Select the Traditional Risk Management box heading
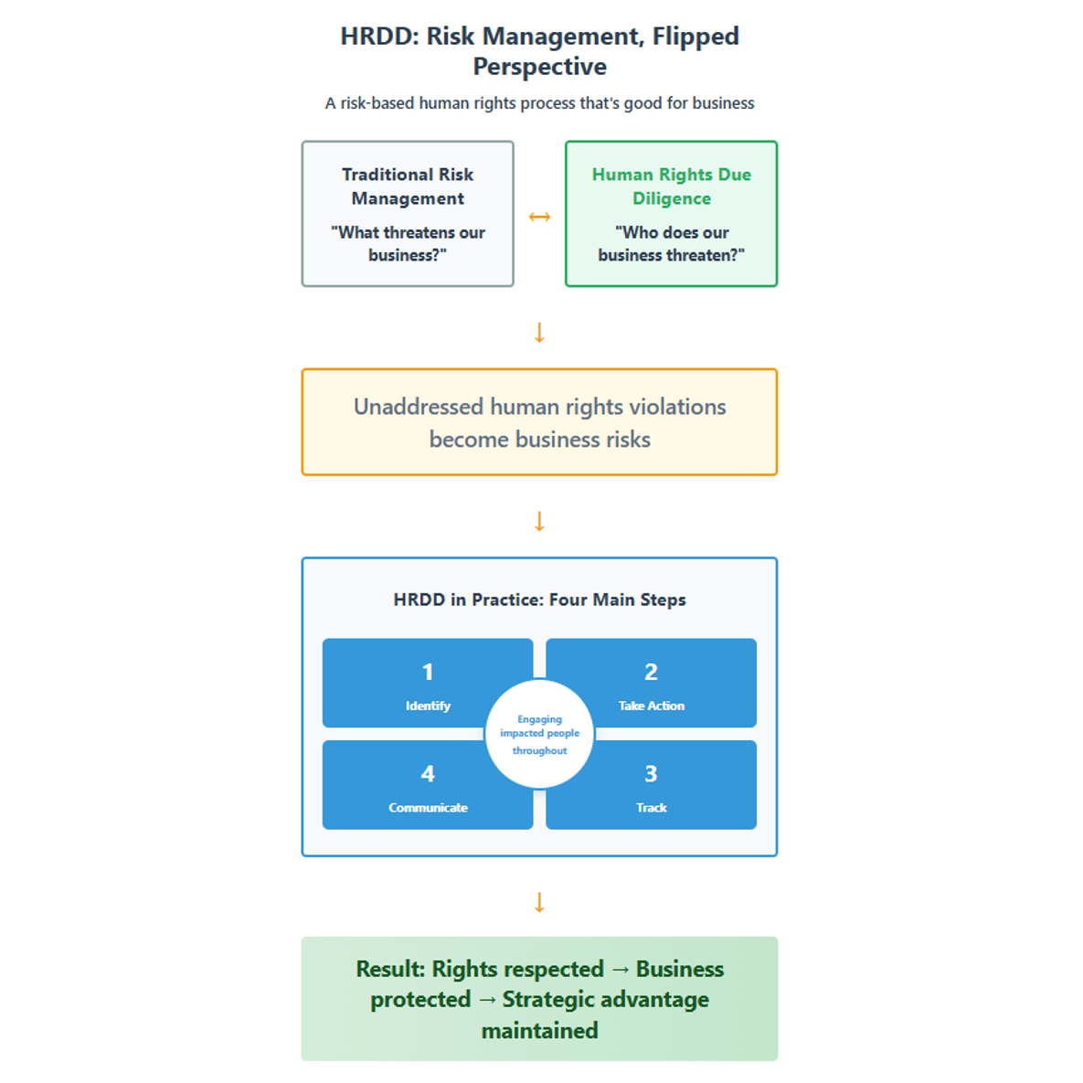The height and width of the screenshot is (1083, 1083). coord(408,186)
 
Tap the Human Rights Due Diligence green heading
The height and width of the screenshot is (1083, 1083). coord(671,186)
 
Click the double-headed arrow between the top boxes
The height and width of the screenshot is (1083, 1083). coord(539,217)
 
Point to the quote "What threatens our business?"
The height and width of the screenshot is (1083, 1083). coord(408,244)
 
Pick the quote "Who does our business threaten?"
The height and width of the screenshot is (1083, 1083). coord(671,244)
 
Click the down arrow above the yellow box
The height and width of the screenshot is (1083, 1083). coord(539,333)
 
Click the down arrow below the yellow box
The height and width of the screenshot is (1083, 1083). coord(539,521)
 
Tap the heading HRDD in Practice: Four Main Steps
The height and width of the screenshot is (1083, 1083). coord(539,600)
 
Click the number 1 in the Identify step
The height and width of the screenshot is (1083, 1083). coord(428,672)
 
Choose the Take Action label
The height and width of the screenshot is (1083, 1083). coord(651,706)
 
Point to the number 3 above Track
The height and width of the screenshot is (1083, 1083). coord(651,774)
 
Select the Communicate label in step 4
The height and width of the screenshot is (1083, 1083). coord(428,808)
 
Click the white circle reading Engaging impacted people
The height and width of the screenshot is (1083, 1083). coord(539,734)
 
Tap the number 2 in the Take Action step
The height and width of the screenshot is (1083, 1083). coord(651,672)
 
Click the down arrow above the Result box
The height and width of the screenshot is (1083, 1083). coord(539,903)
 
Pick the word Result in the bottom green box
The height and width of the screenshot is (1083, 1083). coord(390,969)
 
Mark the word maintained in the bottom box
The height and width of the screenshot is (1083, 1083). coord(539,1031)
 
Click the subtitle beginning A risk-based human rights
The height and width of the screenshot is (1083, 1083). coord(539,103)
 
